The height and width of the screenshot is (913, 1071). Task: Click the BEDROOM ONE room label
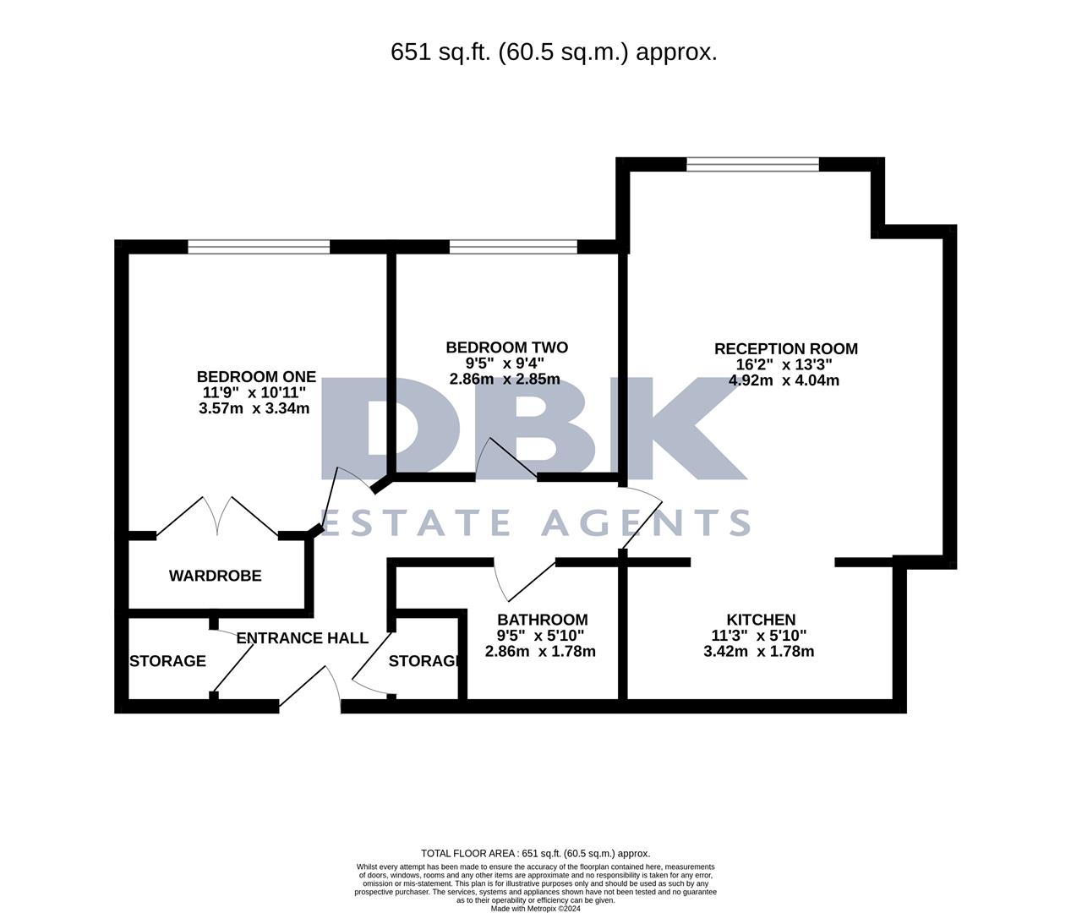tap(256, 377)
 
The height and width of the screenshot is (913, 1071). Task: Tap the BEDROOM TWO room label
tap(506, 347)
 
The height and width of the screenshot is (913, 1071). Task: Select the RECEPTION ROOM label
tap(785, 348)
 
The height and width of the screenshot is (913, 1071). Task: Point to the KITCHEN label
tap(761, 620)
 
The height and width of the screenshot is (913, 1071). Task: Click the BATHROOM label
tap(542, 620)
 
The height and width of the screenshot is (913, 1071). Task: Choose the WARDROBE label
tap(215, 576)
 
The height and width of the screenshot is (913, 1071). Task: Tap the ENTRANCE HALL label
tap(302, 637)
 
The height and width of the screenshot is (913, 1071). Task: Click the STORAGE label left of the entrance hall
tap(167, 660)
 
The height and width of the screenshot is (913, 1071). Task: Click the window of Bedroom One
tap(258, 247)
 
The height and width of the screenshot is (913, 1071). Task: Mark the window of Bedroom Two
tap(513, 247)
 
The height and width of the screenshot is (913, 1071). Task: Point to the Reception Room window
tap(752, 164)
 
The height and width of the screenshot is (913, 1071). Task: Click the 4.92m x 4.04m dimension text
tap(784, 380)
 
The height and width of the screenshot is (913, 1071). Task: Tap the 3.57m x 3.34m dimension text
tap(254, 409)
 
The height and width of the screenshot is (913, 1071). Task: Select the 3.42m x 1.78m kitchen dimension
tap(758, 652)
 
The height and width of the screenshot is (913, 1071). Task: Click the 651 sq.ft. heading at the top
tap(554, 52)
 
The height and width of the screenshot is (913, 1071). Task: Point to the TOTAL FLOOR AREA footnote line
tap(535, 854)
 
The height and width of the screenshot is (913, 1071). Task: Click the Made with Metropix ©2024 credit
tap(535, 908)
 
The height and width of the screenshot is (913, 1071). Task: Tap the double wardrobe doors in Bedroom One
tap(218, 516)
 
